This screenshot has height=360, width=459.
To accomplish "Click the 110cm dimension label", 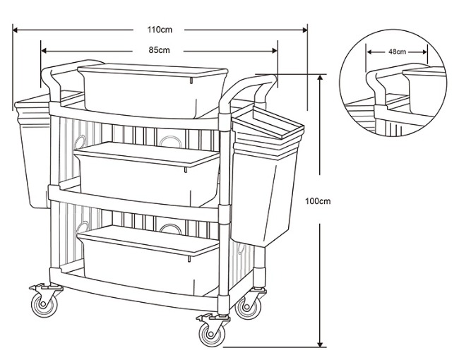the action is [160, 30].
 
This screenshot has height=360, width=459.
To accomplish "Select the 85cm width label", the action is [159, 50].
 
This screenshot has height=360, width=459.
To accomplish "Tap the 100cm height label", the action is [318, 201].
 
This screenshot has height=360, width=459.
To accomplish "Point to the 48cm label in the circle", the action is [398, 52].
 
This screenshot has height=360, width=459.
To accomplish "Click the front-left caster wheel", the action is [44, 305].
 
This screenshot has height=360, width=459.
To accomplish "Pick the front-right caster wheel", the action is [212, 334].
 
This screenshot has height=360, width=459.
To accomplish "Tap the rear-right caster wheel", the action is [248, 308].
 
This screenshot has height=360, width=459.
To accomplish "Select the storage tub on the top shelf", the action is [153, 91].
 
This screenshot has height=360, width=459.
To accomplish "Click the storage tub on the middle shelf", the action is [147, 174].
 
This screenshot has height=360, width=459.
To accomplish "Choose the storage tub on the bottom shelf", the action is [149, 260].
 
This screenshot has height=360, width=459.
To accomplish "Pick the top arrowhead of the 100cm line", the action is [321, 78].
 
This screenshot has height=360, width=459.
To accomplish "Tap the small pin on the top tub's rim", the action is [191, 80].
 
